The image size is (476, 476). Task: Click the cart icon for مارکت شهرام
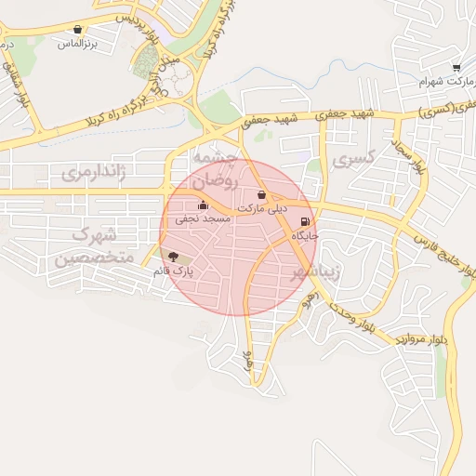click(456, 67)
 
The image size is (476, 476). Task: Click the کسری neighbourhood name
click(359, 160)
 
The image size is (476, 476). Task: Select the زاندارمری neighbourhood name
click(93, 173)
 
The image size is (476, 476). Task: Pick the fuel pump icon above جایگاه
click(305, 222)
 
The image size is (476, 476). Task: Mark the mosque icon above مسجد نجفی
click(203, 205)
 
